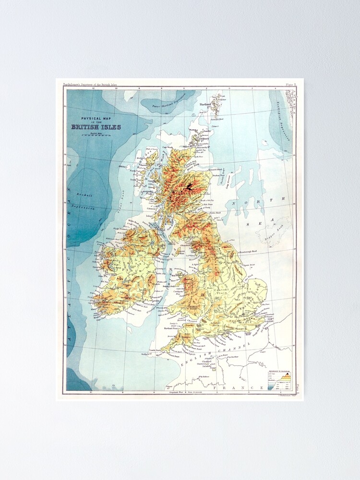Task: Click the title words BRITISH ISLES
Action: [x=96, y=127]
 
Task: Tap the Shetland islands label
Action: [x=205, y=104]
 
